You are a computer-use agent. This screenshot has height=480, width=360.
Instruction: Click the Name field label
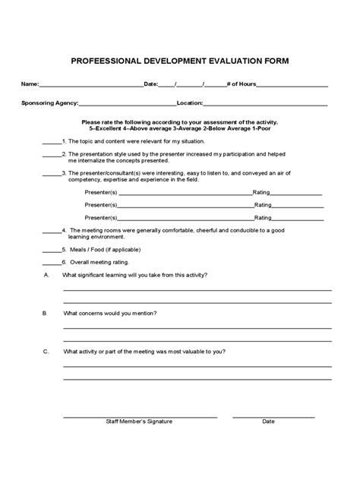(29, 84)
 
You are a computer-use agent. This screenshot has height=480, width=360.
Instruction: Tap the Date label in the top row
(150, 84)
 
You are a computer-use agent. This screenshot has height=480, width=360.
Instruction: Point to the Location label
(189, 103)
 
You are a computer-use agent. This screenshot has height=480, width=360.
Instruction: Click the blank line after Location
(265, 103)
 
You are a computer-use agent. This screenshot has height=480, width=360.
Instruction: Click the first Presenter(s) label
(101, 193)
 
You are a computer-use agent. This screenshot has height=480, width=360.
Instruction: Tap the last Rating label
(263, 217)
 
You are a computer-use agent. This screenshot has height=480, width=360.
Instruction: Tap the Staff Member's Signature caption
(139, 421)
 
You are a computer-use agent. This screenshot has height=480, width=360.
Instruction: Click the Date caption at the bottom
(268, 421)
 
